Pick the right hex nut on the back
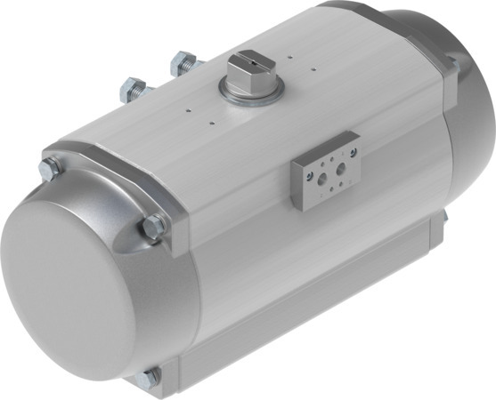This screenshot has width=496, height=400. coord(183,63)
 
